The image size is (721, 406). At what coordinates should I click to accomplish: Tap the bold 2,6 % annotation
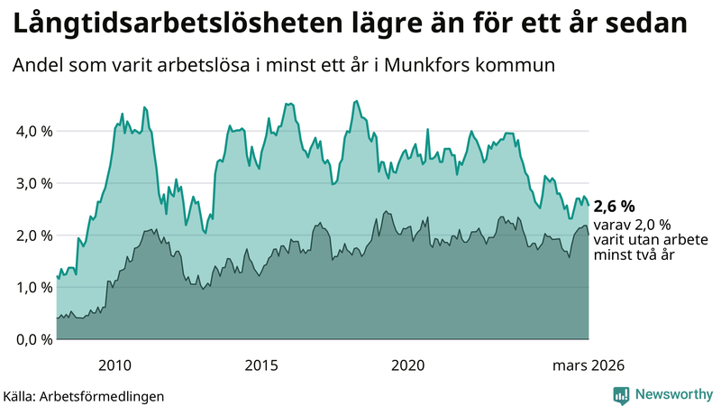coord(615,207)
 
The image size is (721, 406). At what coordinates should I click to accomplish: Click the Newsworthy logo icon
coord(622,394)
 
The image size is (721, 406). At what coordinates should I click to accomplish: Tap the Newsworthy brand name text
coord(672,394)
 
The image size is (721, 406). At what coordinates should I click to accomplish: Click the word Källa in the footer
coord(18,395)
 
